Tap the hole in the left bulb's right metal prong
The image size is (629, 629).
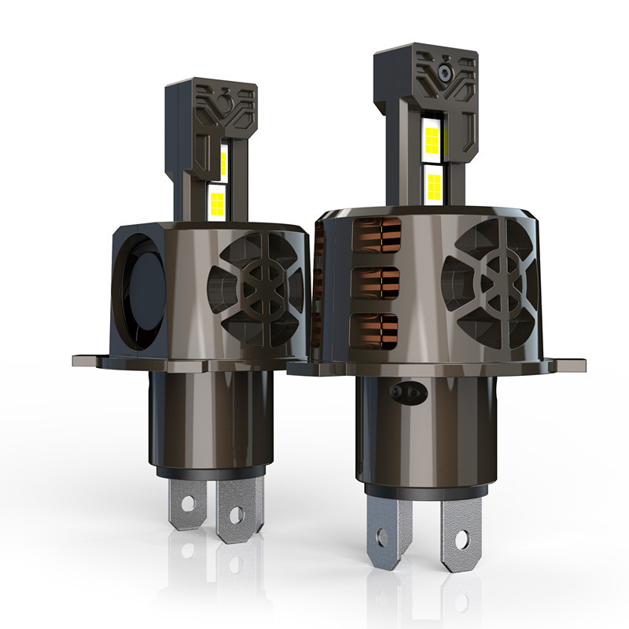[x=234, y=516]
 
